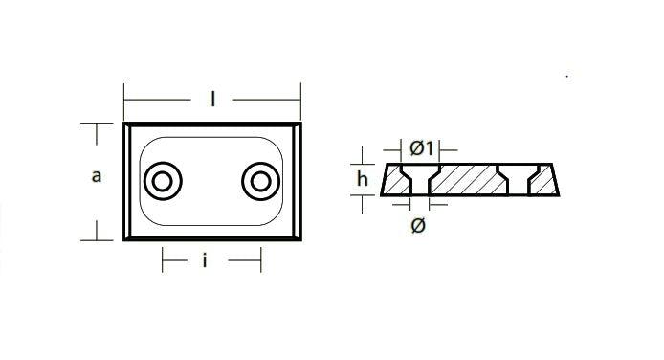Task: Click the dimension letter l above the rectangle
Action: [213, 100]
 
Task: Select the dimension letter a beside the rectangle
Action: [97, 176]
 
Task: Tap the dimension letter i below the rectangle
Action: [205, 260]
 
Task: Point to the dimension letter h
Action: [363, 179]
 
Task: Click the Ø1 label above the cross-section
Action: [421, 148]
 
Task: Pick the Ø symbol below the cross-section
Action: [418, 225]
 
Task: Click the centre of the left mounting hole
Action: [163, 181]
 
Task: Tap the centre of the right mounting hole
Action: [260, 181]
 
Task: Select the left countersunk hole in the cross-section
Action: [420, 180]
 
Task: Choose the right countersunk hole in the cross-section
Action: [519, 180]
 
